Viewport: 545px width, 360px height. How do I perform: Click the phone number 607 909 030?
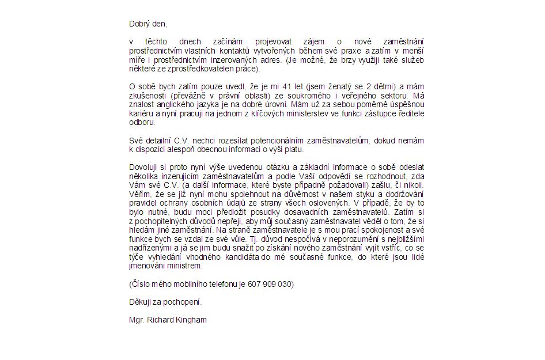pos(270,284)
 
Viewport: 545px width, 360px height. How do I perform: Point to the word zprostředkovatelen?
pos(196,69)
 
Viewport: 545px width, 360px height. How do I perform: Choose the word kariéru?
pos(141,113)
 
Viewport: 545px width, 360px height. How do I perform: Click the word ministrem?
pos(186,266)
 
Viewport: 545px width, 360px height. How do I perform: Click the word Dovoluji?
pos(143,167)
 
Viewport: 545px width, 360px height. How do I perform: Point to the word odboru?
pos(142,122)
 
